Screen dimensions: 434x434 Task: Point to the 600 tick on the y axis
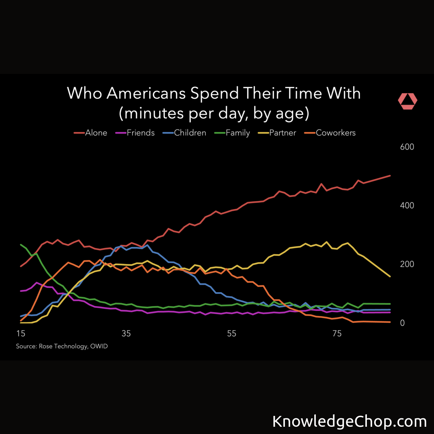coord(407,147)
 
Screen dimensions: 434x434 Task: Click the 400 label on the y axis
coord(407,205)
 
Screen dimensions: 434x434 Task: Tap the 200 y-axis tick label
coord(407,264)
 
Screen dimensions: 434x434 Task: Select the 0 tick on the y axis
coord(402,323)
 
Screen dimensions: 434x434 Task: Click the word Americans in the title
coord(146,93)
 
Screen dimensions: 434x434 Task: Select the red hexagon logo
coord(407,101)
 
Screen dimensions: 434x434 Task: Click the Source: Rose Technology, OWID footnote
coord(62,346)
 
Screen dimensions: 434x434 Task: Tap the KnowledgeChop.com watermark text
coord(349,422)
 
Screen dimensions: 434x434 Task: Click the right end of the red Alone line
coord(390,176)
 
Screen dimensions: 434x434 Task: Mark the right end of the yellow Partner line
coord(390,276)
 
